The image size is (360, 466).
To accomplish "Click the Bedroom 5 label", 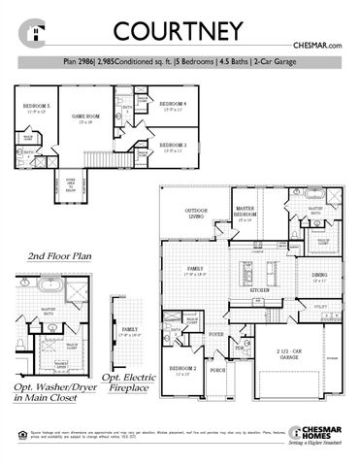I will coord(37,105).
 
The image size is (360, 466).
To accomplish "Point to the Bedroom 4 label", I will coord(173,104).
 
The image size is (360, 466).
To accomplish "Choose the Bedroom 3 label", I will coord(173,145).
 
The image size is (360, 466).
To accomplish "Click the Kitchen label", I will coord(259,290).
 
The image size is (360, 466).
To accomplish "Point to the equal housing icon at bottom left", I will coord(13,442).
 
